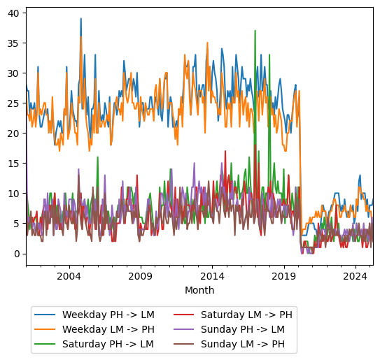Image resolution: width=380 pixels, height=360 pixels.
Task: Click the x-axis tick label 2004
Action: (69, 277)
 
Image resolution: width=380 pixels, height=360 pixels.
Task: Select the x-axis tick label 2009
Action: (140, 277)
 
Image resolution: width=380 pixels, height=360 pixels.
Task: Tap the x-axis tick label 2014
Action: (212, 277)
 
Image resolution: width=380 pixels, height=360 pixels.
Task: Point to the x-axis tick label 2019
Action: (283, 277)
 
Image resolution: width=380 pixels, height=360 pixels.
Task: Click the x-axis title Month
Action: (199, 290)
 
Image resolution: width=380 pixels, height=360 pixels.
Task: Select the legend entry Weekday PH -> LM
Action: (108, 315)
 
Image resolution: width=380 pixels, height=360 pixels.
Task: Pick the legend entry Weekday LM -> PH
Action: (108, 329)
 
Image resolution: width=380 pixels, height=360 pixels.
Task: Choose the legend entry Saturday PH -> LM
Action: (108, 344)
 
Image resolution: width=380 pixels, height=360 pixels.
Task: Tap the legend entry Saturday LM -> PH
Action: (246, 315)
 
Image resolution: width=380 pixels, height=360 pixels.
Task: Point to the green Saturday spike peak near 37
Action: (255, 31)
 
